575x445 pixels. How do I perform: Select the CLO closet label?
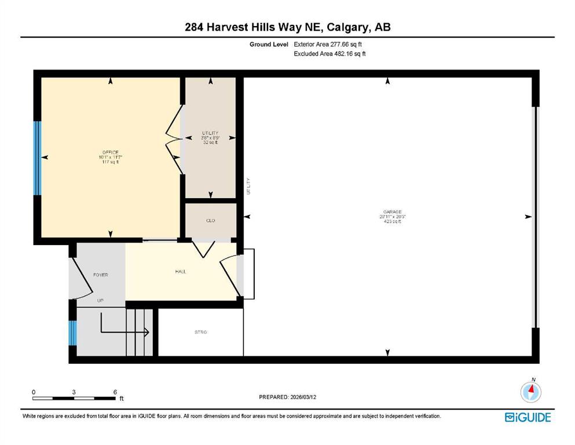(x=210, y=221)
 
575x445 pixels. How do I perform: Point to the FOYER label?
(x=101, y=275)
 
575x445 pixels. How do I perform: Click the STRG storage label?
(x=200, y=332)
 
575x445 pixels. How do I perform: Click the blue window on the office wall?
(x=38, y=158)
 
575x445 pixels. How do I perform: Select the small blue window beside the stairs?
(x=72, y=333)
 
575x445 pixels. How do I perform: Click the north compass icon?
(x=530, y=392)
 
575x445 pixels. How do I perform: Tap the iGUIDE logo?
(x=528, y=417)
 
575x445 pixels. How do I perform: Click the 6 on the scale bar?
(x=115, y=392)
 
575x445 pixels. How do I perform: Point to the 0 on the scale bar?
(x=34, y=392)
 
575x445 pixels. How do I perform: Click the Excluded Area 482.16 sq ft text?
(x=330, y=54)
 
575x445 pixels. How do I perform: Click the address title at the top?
(x=287, y=27)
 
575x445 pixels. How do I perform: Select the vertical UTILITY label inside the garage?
(x=248, y=185)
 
